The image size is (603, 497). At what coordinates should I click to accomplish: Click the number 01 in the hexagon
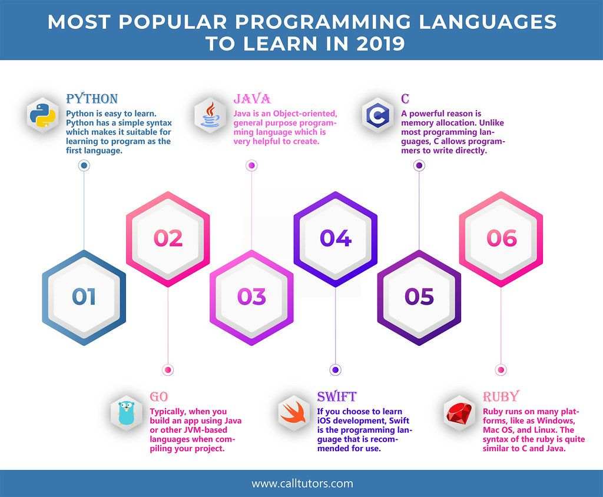tap(84, 297)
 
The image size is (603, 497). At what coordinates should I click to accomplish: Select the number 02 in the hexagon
tap(168, 238)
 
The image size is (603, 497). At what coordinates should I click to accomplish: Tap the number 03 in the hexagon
tap(252, 297)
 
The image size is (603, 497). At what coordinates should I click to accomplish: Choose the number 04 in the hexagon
tap(336, 238)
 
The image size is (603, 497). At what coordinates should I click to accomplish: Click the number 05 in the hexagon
tap(419, 297)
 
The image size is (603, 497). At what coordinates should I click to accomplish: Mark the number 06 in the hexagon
tap(501, 238)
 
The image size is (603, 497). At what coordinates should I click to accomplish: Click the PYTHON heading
tap(92, 98)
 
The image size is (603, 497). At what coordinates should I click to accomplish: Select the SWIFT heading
tap(337, 396)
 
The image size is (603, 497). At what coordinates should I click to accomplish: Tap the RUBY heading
tap(501, 396)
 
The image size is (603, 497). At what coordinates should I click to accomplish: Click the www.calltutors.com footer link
tap(302, 483)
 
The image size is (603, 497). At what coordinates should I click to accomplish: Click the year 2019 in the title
tap(376, 44)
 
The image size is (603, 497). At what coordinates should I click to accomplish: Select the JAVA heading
tap(251, 98)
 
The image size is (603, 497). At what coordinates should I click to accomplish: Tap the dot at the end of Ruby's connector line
tap(501, 370)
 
